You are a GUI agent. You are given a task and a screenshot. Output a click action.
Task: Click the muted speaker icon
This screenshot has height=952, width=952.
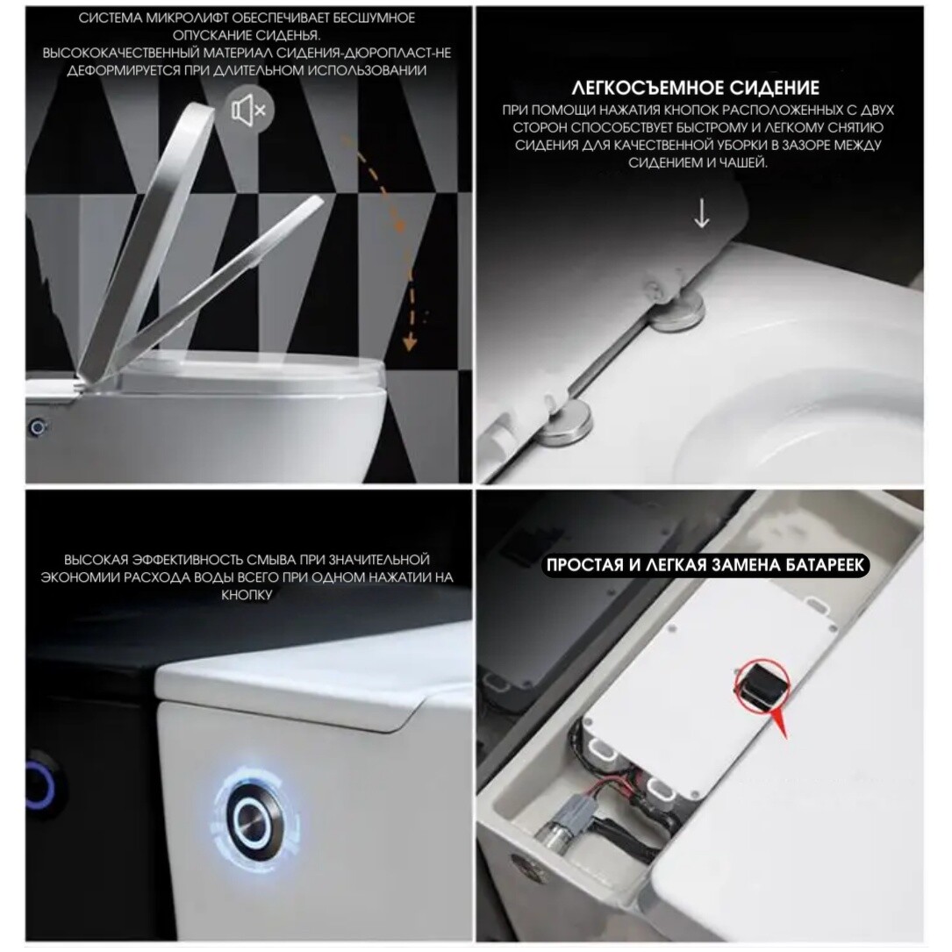coord(250,110)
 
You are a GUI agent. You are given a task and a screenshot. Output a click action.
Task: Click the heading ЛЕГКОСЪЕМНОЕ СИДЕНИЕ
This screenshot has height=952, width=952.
coord(695,88)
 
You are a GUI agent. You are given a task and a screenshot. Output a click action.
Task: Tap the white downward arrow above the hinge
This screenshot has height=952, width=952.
coord(701,214)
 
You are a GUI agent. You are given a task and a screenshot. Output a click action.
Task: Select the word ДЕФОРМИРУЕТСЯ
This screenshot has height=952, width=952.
coord(121,71)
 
